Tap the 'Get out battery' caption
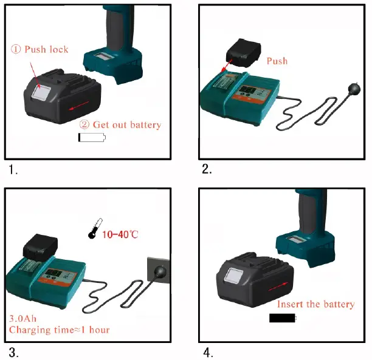121,124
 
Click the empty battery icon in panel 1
91,138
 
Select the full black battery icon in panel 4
282,318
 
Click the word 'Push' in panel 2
277,61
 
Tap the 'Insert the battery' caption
315,304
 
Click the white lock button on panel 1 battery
42,92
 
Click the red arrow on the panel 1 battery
75,107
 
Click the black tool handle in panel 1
115,24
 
